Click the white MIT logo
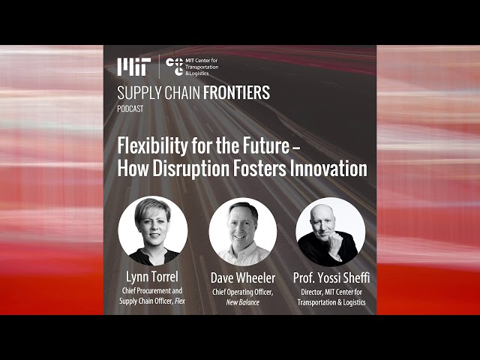click(133, 67)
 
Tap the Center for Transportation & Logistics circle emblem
click(175, 67)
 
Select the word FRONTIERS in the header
click(236, 93)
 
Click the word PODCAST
click(130, 109)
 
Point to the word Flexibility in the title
click(153, 146)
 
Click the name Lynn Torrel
click(151, 277)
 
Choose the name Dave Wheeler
click(243, 278)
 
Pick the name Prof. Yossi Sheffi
click(331, 277)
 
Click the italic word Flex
click(180, 301)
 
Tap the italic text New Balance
click(243, 302)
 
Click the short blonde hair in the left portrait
click(152, 208)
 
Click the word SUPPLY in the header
click(139, 93)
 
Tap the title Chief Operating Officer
click(243, 292)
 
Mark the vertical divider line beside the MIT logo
click(159, 67)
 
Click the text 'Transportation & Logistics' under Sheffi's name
click(331, 302)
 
